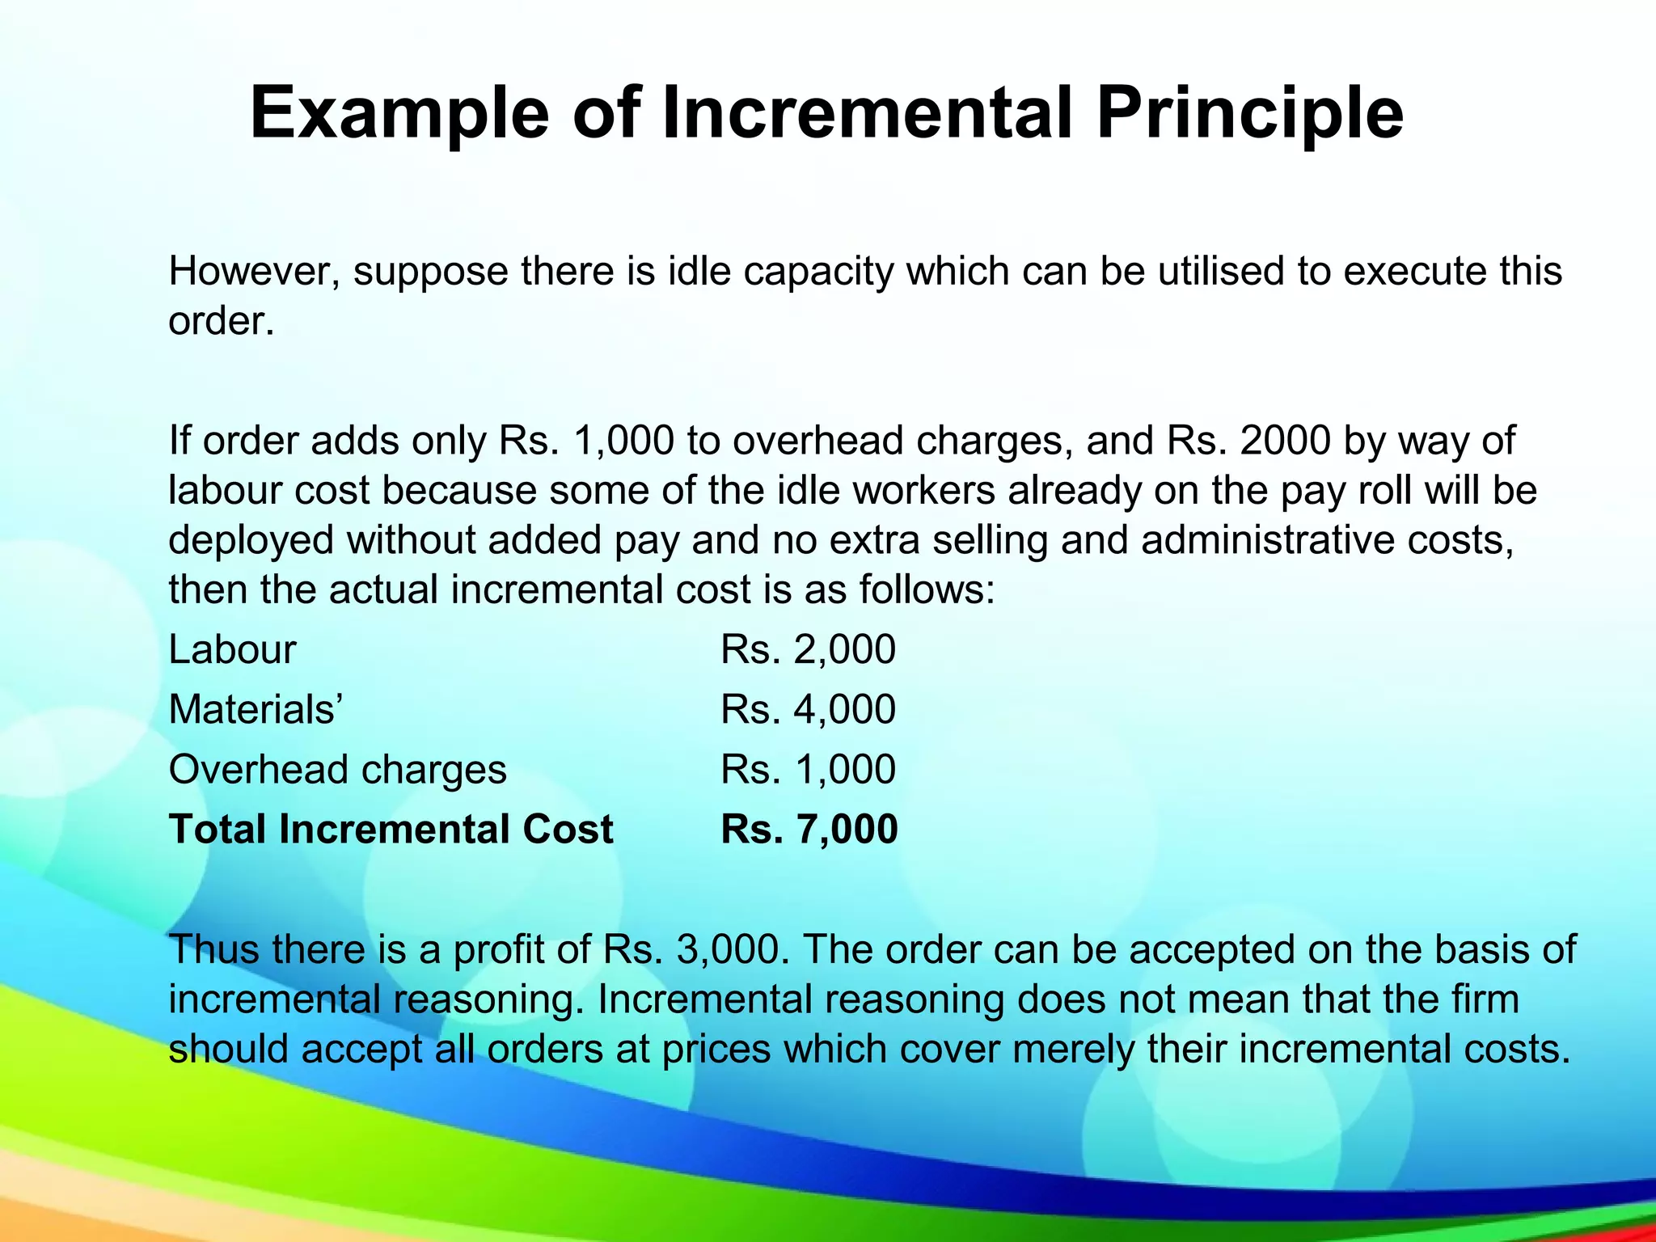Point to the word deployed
(251, 541)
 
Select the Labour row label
(232, 649)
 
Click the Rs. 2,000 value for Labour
(808, 649)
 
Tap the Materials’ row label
(256, 709)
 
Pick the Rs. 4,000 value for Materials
(808, 709)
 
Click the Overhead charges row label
(337, 769)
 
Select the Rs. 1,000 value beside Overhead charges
(808, 769)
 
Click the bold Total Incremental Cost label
(391, 830)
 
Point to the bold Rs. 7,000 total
(809, 830)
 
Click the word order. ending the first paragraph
(222, 322)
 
